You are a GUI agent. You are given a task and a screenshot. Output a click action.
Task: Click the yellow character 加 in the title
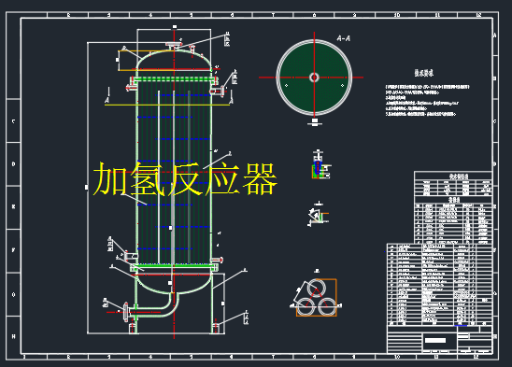(x=110, y=178)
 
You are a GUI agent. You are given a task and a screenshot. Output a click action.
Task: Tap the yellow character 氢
(x=148, y=178)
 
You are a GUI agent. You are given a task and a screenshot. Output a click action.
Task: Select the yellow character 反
(x=185, y=178)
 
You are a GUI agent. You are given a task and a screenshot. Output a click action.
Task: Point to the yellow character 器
(x=259, y=178)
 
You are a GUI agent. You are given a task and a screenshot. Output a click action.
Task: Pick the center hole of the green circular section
(x=314, y=78)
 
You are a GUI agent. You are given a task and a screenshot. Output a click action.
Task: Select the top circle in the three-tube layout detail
(x=318, y=287)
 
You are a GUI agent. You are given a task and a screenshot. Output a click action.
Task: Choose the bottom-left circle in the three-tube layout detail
(x=307, y=304)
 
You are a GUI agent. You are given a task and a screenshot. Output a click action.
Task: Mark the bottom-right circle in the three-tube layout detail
(x=328, y=304)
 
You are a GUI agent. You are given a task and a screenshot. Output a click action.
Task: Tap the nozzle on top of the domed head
(x=173, y=45)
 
